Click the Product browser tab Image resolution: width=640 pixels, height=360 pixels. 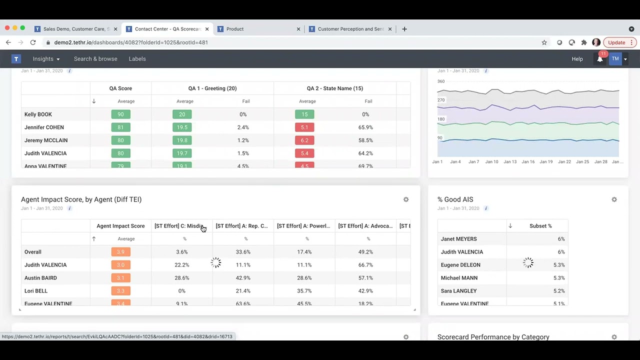pyautogui.click(x=235, y=29)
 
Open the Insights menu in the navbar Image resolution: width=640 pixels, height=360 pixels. pyautogui.click(x=46, y=59)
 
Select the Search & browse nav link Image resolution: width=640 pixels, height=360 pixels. pyautogui.click(x=95, y=59)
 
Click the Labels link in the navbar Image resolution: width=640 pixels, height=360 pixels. pyautogui.click(x=137, y=59)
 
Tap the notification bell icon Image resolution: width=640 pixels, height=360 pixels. pyautogui.click(x=600, y=59)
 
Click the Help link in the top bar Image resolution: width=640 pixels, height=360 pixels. pyautogui.click(x=577, y=59)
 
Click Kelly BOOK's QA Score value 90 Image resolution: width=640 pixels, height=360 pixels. pyautogui.click(x=120, y=114)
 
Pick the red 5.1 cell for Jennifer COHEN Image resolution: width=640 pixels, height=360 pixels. pyautogui.click(x=304, y=127)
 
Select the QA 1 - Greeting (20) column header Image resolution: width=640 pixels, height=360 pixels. pyautogui.click(x=212, y=88)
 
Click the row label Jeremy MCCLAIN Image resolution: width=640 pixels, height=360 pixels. pyautogui.click(x=46, y=140)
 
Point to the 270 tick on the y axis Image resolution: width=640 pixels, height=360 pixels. pyautogui.click(x=441, y=100)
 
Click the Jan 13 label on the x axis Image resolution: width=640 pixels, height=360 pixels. pyautogui.click(x=510, y=162)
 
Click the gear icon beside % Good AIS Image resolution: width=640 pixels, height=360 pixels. pyautogui.click(x=614, y=199)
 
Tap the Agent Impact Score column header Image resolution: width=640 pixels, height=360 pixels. pyautogui.click(x=120, y=226)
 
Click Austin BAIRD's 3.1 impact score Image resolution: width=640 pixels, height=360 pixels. pyautogui.click(x=120, y=278)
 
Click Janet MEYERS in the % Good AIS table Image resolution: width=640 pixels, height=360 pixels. pyautogui.click(x=458, y=239)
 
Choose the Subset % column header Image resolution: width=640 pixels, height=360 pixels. pyautogui.click(x=540, y=226)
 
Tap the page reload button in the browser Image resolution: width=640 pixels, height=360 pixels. pyautogui.click(x=33, y=42)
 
